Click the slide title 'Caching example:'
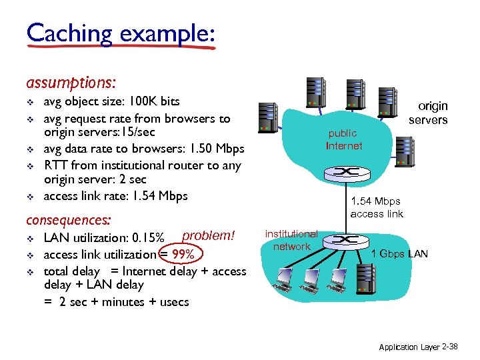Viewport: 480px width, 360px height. pos(121,33)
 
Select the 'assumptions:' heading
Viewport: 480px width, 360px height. pos(71,83)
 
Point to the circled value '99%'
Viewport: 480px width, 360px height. pos(182,255)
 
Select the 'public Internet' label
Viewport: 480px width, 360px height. pos(344,139)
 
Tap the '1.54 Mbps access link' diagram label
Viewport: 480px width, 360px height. pos(377,207)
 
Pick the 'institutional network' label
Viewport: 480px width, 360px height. pos(291,240)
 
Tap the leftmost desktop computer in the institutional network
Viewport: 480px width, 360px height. pos(286,279)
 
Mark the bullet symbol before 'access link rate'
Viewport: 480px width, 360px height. pos(29,196)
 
